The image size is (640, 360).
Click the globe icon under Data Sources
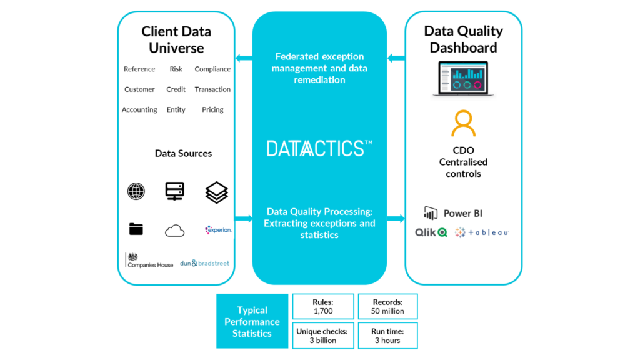click(136, 191)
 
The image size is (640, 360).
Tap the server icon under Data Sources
click(175, 191)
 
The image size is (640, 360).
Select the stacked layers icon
click(216, 192)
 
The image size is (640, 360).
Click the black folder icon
click(136, 229)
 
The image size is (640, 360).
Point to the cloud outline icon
click(175, 231)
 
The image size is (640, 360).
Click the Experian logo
click(218, 229)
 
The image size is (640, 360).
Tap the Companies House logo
click(149, 261)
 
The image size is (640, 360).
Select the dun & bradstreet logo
click(204, 263)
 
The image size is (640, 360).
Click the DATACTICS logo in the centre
click(319, 148)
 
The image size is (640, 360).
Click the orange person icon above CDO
click(463, 124)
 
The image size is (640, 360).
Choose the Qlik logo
click(431, 232)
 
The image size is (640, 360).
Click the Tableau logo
click(481, 232)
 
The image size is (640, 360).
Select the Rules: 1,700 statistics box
click(323, 306)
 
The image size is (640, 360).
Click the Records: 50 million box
click(388, 306)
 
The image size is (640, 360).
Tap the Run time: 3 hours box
click(388, 336)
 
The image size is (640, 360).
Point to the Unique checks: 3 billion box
click(323, 336)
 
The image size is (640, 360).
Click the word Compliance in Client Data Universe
click(212, 69)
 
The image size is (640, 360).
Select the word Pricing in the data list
click(212, 109)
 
